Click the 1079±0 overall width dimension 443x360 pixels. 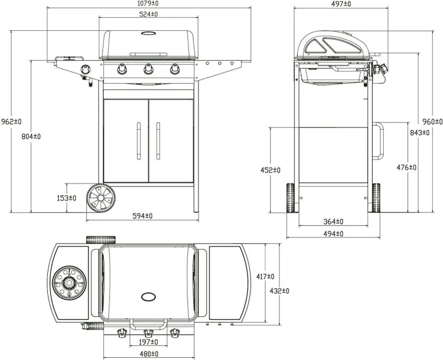[149, 4]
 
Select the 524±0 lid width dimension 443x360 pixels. [149, 14]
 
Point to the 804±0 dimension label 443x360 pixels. [31, 136]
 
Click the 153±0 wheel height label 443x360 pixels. [67, 198]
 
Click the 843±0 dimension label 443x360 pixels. [419, 133]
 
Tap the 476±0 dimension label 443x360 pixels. [406, 168]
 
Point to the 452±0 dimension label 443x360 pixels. [270, 170]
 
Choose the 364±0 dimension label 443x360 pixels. [333, 222]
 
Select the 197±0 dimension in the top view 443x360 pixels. [149, 342]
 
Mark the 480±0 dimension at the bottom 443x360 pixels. [149, 354]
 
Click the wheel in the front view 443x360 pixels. [101, 198]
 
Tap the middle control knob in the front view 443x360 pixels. [149, 70]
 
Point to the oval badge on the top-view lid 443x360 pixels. [149, 296]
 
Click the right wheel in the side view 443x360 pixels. [376, 198]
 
